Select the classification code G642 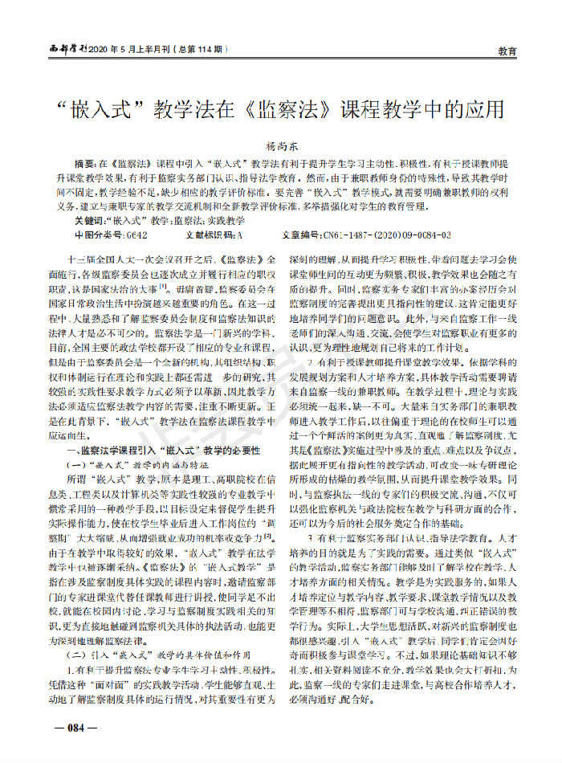click(132, 235)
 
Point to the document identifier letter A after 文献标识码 click(239, 235)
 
